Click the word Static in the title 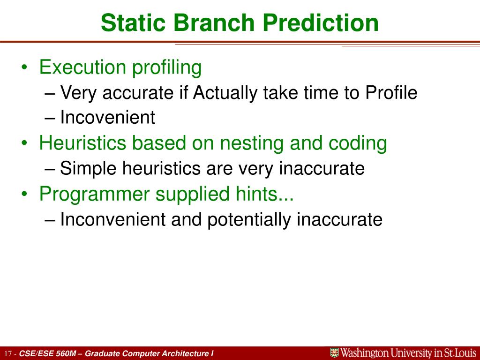pos(133,23)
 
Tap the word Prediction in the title pos(321,23)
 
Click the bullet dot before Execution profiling pos(24,67)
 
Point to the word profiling pos(167,67)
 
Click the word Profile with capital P pos(391,92)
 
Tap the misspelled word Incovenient pos(108,117)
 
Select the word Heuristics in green pos(82,143)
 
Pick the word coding pos(358,143)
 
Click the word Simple pos(88,169)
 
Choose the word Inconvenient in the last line pos(113,219)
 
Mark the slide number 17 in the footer pos(8,354)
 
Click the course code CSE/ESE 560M pos(47,353)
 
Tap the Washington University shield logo pos(334,353)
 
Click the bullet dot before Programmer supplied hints pos(24,194)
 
